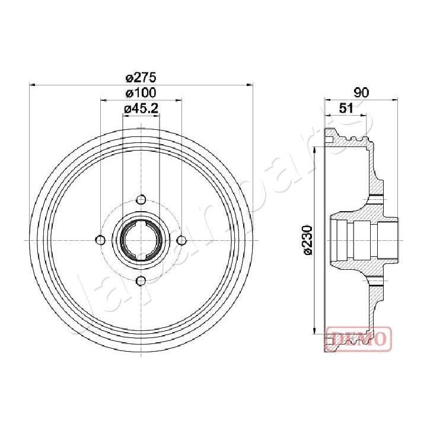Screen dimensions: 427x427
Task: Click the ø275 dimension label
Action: [141, 77]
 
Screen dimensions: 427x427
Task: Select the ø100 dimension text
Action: [141, 93]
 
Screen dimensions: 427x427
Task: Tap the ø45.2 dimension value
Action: [141, 108]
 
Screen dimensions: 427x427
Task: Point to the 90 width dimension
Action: [361, 93]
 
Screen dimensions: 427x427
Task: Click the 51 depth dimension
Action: [347, 108]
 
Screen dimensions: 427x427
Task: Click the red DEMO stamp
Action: [358, 338]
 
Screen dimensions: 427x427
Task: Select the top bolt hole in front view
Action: [141, 199]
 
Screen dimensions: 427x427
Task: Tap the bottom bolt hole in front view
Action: [141, 281]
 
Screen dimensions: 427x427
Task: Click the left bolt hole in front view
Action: [100, 240]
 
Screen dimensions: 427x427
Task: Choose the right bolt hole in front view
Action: [181, 240]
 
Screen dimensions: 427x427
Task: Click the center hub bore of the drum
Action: [141, 240]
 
